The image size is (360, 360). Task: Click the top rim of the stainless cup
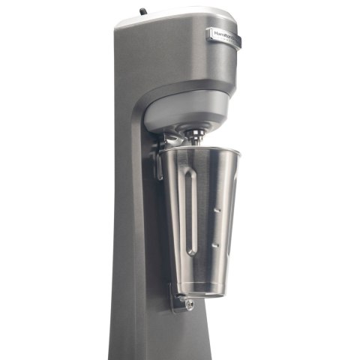(200, 151)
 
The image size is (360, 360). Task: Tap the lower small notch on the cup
(215, 244)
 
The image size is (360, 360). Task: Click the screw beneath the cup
(188, 304)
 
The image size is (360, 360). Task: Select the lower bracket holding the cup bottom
(178, 300)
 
